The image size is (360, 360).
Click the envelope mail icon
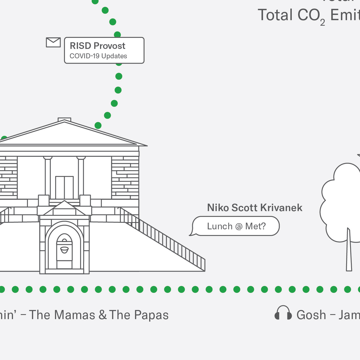coord(53,42)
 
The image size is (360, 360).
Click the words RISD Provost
coord(98,46)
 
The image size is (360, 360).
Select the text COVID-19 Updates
coord(98,56)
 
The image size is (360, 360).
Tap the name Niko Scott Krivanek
coord(255,208)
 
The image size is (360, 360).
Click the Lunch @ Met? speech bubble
coord(236,226)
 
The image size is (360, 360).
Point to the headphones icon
coord(283,313)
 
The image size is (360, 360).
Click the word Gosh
coord(311,315)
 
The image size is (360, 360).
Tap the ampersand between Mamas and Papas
coord(103,315)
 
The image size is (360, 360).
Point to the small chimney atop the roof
coord(64,120)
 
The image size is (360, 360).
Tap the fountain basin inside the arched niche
coord(64,249)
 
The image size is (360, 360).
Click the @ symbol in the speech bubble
coord(239,227)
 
